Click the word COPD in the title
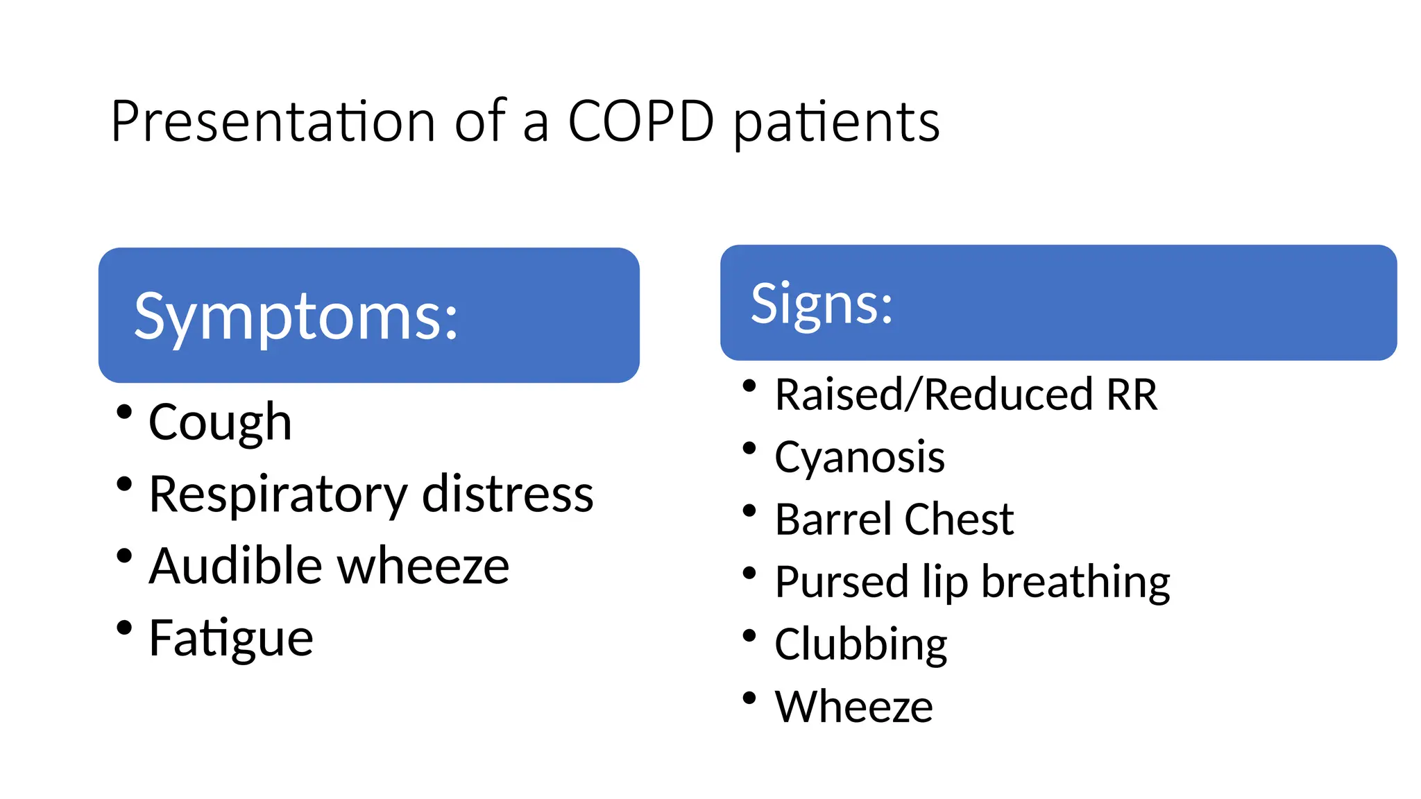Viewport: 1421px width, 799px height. [640, 122]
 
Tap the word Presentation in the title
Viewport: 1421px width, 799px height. [273, 122]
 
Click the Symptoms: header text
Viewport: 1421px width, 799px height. [296, 318]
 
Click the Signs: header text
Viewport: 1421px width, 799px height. [822, 304]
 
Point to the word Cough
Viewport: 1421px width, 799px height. [220, 422]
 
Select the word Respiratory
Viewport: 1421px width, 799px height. [278, 495]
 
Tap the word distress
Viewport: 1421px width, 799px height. [507, 494]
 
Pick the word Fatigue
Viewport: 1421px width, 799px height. [231, 639]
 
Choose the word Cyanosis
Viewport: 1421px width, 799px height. [860, 458]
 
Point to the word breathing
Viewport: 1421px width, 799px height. [1075, 583]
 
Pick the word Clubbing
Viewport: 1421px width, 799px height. [860, 645]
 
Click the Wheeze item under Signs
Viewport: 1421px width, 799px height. [853, 707]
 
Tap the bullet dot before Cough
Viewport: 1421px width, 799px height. [124, 412]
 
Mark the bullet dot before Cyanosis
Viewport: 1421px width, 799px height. [749, 449]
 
